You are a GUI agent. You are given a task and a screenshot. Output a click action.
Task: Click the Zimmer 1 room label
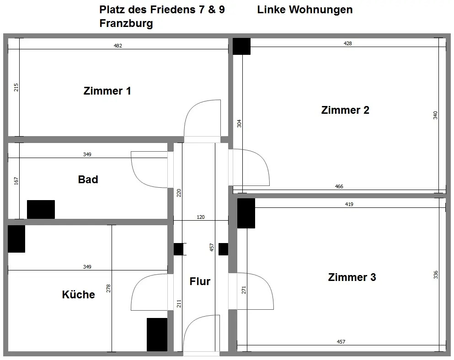(107, 91)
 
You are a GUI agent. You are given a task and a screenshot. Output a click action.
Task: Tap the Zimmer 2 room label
(345, 110)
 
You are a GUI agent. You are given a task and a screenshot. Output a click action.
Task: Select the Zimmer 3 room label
(352, 277)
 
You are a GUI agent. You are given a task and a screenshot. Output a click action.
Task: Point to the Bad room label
(88, 180)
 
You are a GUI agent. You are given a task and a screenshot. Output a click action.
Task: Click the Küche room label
(79, 295)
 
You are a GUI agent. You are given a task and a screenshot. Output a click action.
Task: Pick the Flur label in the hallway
(200, 281)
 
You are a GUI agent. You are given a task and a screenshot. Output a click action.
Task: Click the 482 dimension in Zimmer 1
(118, 46)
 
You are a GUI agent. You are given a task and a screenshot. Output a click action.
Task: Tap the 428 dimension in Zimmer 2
(347, 43)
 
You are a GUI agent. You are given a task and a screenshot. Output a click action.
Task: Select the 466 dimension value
(339, 186)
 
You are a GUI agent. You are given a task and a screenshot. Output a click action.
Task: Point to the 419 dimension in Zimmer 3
(349, 204)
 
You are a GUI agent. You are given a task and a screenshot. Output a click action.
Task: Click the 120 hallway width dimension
(200, 217)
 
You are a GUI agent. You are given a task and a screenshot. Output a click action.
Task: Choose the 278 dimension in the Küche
(108, 288)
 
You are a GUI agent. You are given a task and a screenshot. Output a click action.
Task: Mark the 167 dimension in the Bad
(16, 181)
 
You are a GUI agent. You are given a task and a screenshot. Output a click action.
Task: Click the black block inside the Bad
(41, 209)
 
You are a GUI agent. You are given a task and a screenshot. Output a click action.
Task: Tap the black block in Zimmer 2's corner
(241, 46)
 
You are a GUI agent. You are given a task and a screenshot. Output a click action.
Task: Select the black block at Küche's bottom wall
(157, 334)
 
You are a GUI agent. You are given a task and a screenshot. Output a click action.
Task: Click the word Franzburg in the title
(126, 24)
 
